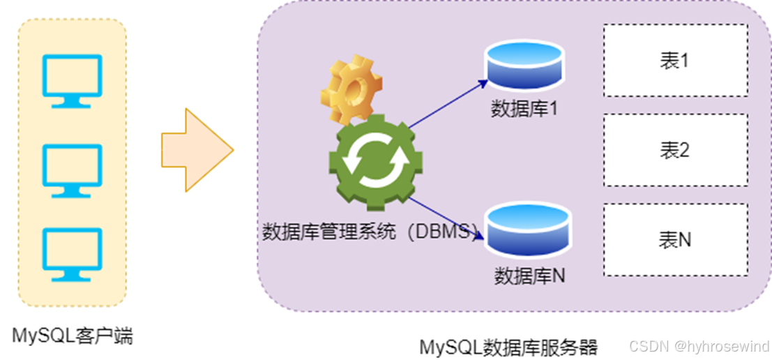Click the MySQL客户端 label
[x=73, y=336]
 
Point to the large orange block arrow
[x=196, y=150]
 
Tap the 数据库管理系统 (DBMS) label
[x=370, y=231]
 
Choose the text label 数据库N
[x=529, y=276]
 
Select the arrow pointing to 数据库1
[x=448, y=104]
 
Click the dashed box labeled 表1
[x=675, y=61]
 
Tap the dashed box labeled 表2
[x=675, y=149]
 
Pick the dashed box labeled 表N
[x=675, y=239]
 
